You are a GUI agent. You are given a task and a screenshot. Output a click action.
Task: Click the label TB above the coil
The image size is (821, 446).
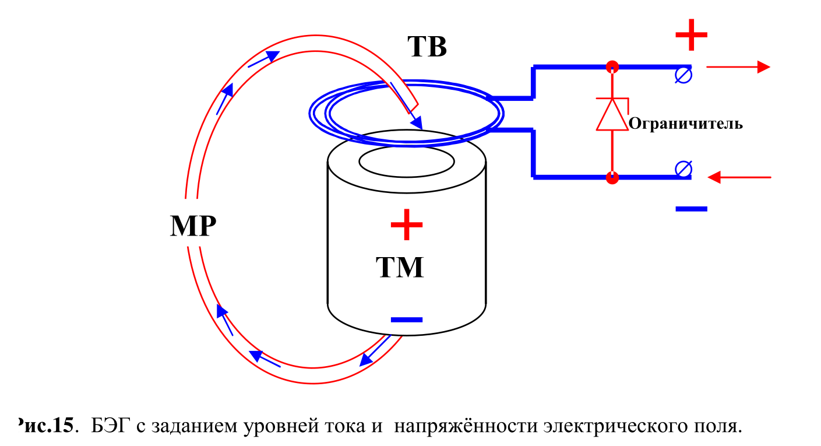[x=427, y=47]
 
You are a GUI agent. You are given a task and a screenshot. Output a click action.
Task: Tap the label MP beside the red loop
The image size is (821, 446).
[x=193, y=226]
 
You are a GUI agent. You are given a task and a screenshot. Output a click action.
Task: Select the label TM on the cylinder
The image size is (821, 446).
[x=399, y=268]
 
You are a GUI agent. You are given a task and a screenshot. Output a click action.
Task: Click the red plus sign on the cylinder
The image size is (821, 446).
[x=406, y=225]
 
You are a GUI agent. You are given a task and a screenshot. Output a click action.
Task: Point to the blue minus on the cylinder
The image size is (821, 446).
[x=406, y=319]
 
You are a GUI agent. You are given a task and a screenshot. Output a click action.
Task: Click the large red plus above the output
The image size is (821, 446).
[x=691, y=35]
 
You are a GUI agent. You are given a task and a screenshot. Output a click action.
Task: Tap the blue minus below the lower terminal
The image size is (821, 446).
[x=691, y=208]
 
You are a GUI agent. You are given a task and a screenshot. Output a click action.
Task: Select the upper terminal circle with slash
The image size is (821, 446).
[x=683, y=75]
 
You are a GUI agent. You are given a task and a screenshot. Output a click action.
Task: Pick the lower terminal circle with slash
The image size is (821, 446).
[x=683, y=169]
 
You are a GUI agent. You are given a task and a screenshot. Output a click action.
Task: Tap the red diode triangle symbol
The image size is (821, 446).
[x=612, y=115]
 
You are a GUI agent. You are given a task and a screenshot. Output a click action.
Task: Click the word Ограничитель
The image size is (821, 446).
[x=686, y=124]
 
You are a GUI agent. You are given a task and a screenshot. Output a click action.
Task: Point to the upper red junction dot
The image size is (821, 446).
[x=612, y=66]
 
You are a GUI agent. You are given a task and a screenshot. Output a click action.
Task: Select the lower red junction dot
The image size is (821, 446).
[x=612, y=178]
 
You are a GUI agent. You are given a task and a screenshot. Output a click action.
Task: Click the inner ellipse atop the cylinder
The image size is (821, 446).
[x=406, y=162]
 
